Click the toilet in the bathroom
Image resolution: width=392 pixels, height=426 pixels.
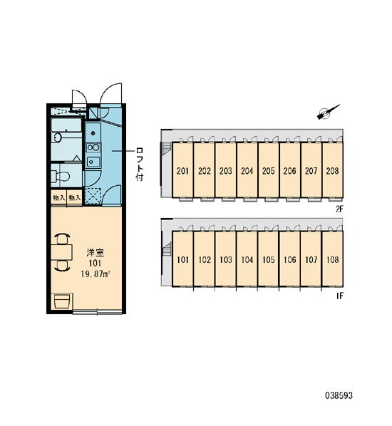click(x=61, y=176)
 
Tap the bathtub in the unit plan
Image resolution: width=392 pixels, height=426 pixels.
click(x=66, y=125)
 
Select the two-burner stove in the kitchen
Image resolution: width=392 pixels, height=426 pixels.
click(x=93, y=147)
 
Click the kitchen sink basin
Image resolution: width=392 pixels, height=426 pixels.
click(x=93, y=162)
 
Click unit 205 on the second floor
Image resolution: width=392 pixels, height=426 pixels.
click(x=268, y=170)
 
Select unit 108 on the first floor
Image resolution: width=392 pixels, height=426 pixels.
click(x=332, y=259)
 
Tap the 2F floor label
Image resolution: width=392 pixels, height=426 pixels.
click(x=339, y=209)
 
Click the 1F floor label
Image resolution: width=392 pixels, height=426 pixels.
click(x=340, y=296)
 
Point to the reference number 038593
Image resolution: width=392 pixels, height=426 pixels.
click(x=339, y=395)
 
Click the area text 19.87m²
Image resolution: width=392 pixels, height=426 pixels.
click(x=95, y=274)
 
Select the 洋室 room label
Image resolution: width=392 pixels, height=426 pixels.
click(x=95, y=252)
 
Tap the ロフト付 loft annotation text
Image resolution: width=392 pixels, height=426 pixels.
click(x=140, y=165)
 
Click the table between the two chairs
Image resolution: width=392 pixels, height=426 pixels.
click(x=61, y=252)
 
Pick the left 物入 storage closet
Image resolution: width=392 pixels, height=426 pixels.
click(x=58, y=198)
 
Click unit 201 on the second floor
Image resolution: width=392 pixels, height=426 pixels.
click(x=182, y=170)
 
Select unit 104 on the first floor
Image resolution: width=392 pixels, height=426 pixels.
click(x=247, y=259)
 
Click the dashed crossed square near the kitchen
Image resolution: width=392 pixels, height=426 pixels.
click(x=93, y=196)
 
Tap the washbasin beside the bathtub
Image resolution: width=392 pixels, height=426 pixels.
click(x=58, y=137)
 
